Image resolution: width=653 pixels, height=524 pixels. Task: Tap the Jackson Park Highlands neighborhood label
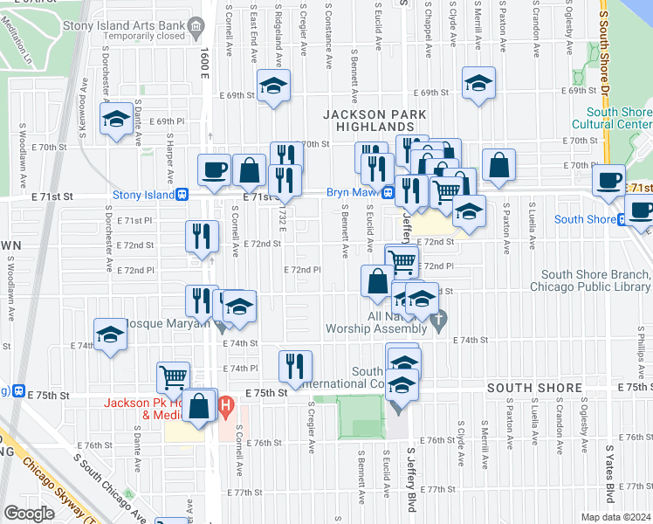pyautogui.click(x=375, y=121)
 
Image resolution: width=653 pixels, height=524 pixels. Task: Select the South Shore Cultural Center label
pyautogui.click(x=619, y=119)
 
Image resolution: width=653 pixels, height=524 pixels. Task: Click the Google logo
pyautogui.click(x=28, y=513)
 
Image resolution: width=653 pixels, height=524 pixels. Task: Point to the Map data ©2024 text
pyautogui.click(x=615, y=517)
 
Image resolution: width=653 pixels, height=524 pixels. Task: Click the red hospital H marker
pyautogui.click(x=225, y=405)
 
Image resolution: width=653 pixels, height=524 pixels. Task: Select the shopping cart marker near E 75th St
pyautogui.click(x=174, y=377)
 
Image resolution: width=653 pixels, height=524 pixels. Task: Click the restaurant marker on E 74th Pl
pyautogui.click(x=295, y=366)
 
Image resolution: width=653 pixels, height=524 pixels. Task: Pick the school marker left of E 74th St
pyautogui.click(x=111, y=335)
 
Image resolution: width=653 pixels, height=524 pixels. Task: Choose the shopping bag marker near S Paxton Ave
pyautogui.click(x=498, y=164)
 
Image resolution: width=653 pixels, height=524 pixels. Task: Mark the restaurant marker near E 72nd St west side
pyautogui.click(x=201, y=236)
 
